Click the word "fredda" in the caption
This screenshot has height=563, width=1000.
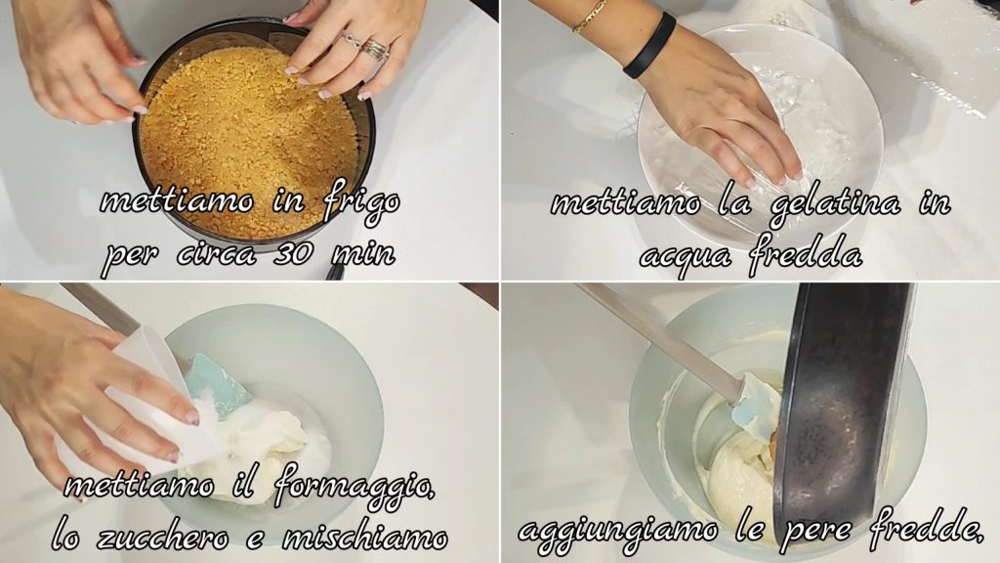(x=805, y=253)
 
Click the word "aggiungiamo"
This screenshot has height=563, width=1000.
(x=618, y=531)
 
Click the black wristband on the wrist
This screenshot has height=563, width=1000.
(x=649, y=46)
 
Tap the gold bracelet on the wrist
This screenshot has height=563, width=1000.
(x=590, y=16)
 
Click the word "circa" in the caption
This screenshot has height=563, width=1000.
(x=216, y=254)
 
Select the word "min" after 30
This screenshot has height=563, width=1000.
(x=363, y=253)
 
